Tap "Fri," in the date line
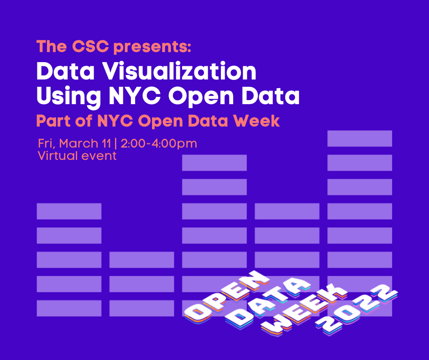pyautogui.click(x=47, y=143)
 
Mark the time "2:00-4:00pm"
pyautogui.click(x=159, y=144)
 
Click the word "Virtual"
pyautogui.click(x=57, y=156)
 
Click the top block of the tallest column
pyautogui.click(x=360, y=138)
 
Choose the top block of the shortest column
pyautogui.click(x=141, y=259)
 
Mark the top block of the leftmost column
pyautogui.click(x=69, y=211)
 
